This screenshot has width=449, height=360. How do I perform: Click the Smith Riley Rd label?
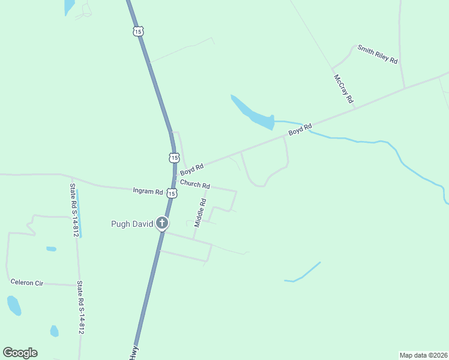(x=378, y=54)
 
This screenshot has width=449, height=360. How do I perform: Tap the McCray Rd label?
(x=343, y=89)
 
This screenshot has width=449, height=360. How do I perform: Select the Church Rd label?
(x=194, y=184)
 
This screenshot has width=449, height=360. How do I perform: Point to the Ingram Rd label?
(x=148, y=192)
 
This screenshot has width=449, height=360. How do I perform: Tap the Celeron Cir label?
(x=26, y=281)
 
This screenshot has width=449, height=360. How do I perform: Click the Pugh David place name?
(x=132, y=224)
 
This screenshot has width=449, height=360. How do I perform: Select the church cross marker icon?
(x=161, y=224)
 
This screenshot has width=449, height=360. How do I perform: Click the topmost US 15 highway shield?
(x=139, y=31)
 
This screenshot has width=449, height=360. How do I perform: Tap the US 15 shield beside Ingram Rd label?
(x=172, y=193)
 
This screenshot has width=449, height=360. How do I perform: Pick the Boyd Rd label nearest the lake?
(x=300, y=129)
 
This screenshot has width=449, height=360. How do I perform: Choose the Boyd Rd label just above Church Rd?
(x=192, y=169)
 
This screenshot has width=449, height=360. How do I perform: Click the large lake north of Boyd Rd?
(x=252, y=113)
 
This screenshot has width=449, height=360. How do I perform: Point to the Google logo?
(x=20, y=353)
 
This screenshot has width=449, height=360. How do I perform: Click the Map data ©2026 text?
(x=423, y=355)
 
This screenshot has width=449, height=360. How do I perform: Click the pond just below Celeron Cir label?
(x=13, y=305)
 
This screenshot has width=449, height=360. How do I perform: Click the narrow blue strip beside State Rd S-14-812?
(x=79, y=213)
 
